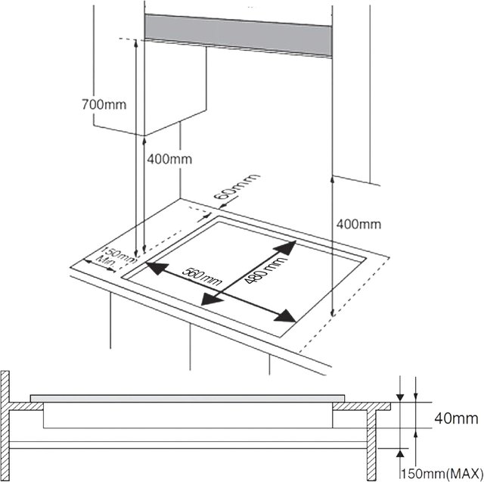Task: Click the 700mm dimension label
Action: (104, 104)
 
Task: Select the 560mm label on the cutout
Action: (201, 276)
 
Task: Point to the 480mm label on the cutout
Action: (265, 269)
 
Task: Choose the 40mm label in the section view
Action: (456, 418)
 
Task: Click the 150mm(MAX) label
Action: (442, 473)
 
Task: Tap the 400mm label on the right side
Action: (358, 224)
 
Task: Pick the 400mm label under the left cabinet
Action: (169, 159)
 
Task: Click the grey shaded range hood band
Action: (238, 36)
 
